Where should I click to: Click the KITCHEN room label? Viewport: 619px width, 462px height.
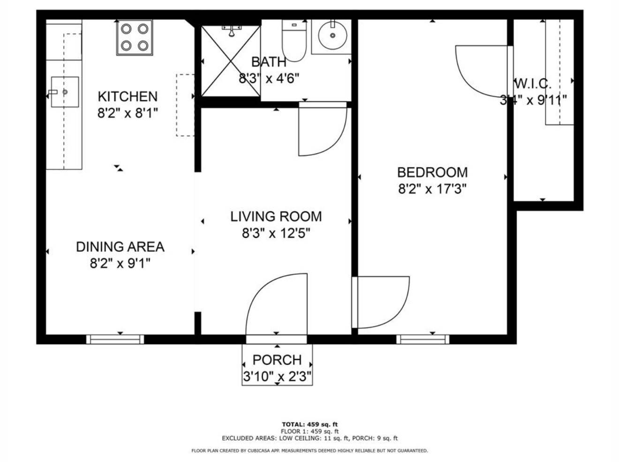point(128,97)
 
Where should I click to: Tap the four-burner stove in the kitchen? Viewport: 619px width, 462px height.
point(135,38)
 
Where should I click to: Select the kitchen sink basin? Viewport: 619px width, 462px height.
point(65,92)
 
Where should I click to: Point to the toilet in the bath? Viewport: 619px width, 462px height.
point(294,40)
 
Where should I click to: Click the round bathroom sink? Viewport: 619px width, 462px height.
point(333,36)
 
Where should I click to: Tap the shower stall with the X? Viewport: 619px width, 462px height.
point(231,61)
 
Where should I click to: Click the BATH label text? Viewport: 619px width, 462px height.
point(269,62)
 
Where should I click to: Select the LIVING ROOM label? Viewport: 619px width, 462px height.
point(276,217)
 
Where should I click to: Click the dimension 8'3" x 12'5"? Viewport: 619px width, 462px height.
point(276,234)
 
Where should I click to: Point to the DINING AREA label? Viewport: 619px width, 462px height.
point(120,247)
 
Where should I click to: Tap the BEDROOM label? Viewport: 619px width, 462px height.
point(432,172)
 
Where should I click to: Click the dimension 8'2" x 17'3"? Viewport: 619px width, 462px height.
point(432,189)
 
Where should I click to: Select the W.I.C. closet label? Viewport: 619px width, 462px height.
point(533,84)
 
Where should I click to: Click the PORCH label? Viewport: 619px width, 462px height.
point(277,360)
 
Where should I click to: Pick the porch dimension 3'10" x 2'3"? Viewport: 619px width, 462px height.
point(277,376)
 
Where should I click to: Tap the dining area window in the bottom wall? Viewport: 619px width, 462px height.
point(115,340)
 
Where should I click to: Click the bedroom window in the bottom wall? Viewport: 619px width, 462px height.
point(423,340)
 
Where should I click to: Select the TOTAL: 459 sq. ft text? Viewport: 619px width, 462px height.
point(309,424)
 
